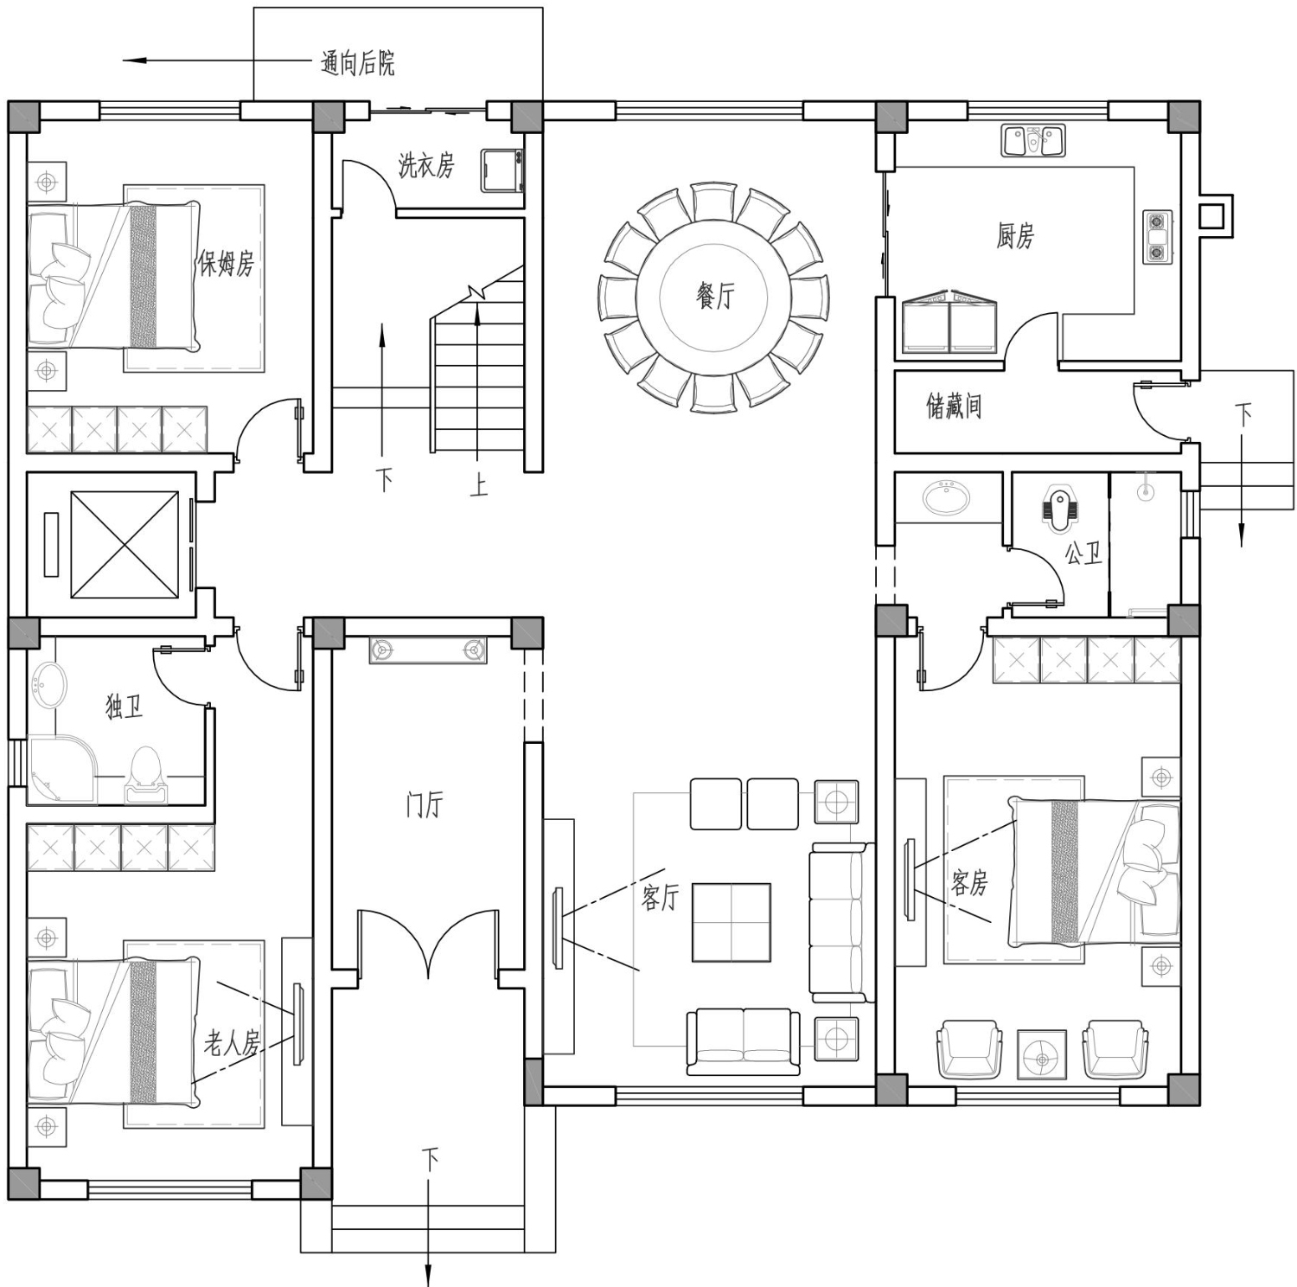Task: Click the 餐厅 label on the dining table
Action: [715, 296]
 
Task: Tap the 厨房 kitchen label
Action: [1014, 235]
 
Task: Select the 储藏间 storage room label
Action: [954, 405]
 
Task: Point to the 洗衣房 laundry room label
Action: [425, 164]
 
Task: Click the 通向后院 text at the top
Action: [357, 62]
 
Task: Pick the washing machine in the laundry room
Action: [502, 170]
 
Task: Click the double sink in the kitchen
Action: [1033, 140]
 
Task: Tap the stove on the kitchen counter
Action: [1157, 236]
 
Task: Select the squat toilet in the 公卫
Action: [1057, 508]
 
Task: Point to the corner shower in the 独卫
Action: [62, 770]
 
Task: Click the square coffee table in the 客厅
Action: [731, 922]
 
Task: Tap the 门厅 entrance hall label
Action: [424, 804]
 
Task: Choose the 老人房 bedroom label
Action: [232, 1043]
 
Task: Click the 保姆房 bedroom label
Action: [226, 263]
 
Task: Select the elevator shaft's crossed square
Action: [125, 544]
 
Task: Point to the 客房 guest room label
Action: [968, 882]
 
